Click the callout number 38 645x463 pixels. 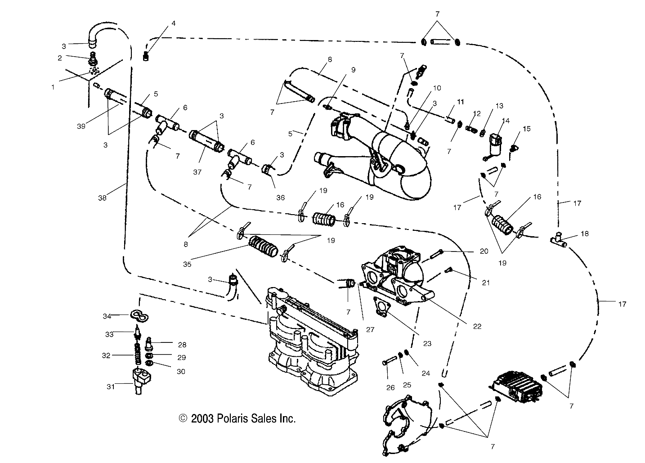(x=103, y=198)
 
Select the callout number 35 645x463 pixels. (x=187, y=264)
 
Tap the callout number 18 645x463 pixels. (x=584, y=234)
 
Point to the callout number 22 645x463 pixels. (x=477, y=326)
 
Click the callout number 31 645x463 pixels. (x=111, y=386)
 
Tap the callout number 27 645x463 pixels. (x=370, y=329)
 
